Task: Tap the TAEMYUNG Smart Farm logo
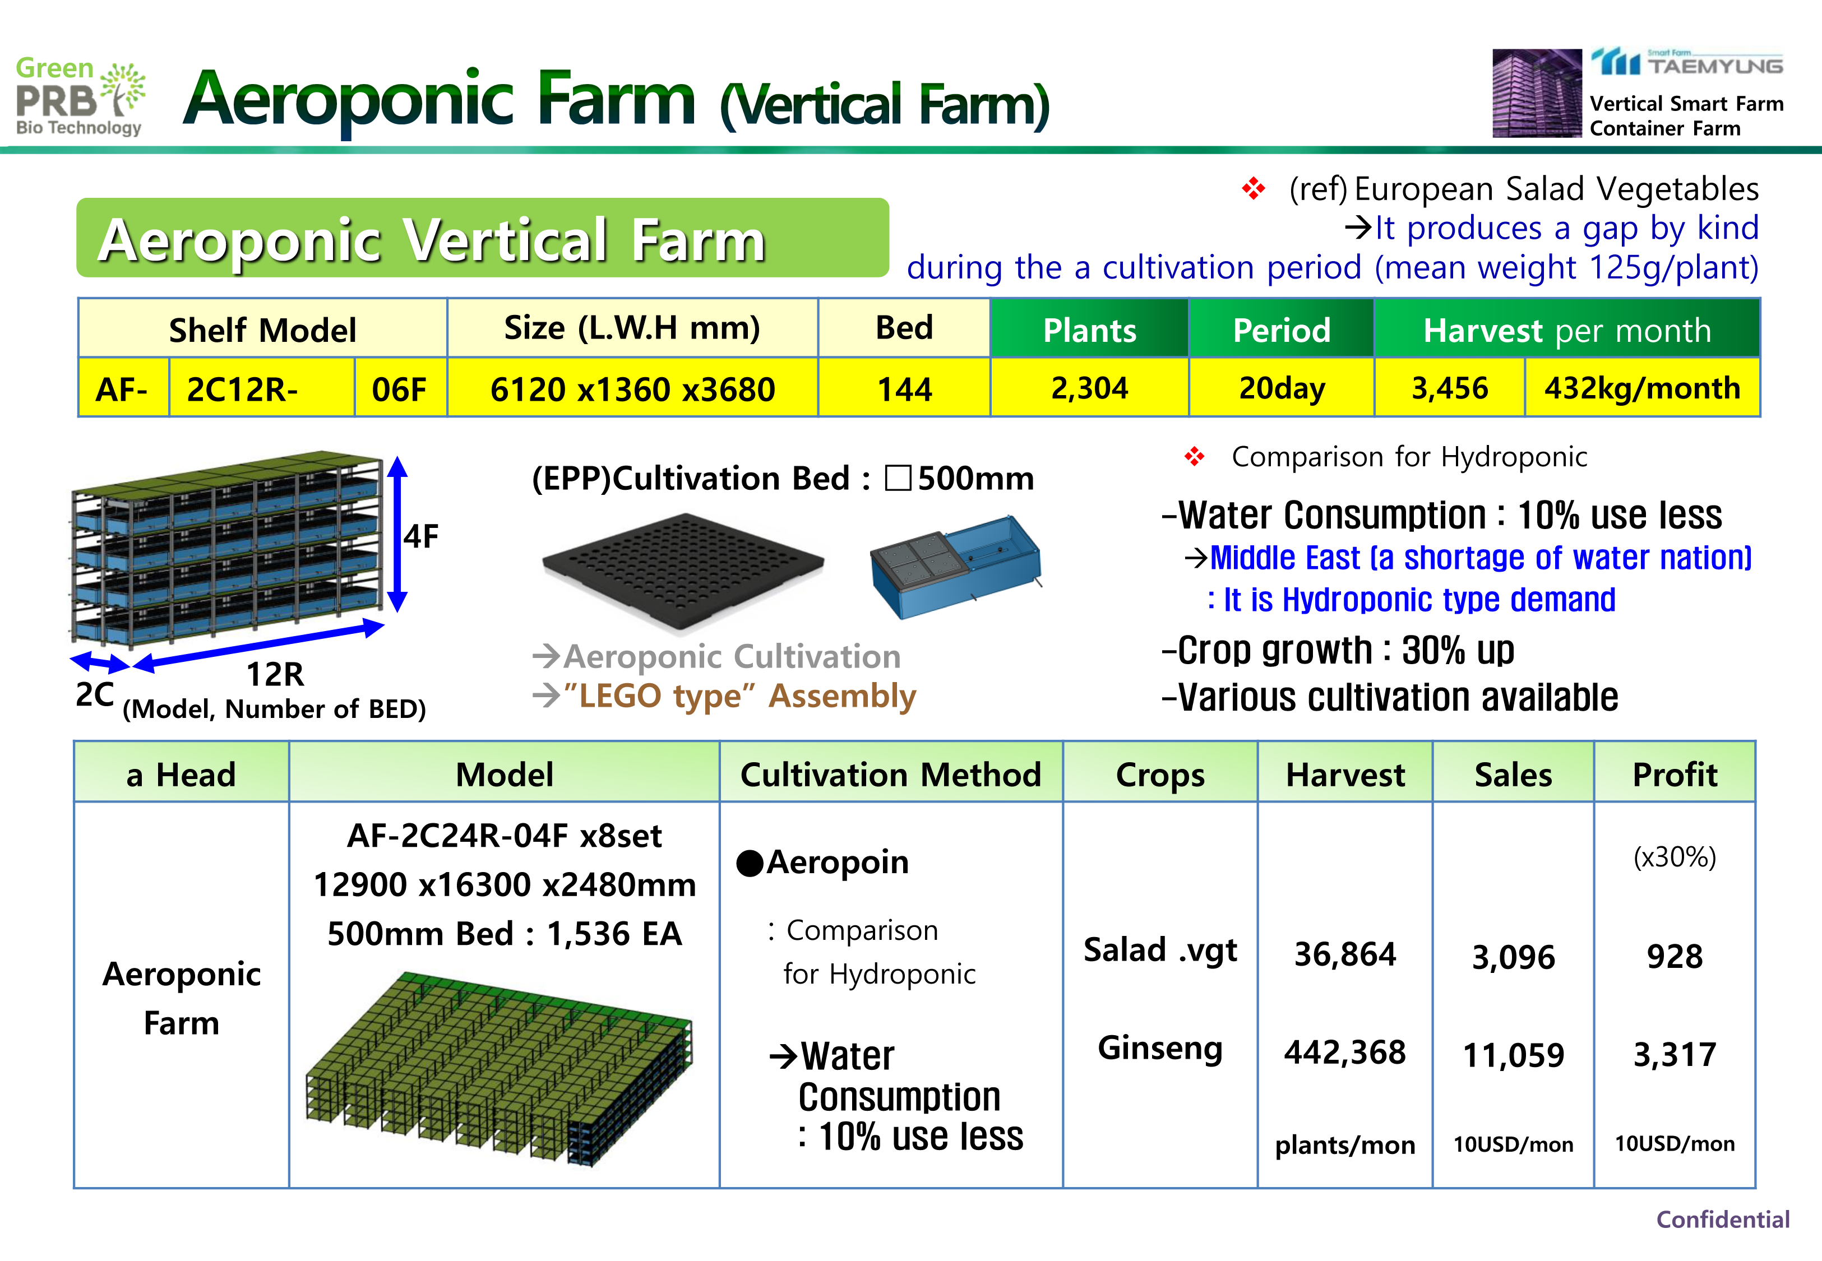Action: (1687, 62)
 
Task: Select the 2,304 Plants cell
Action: (1090, 388)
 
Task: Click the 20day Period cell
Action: (1282, 388)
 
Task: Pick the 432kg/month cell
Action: (1642, 388)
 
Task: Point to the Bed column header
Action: (904, 328)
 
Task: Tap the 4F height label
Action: (421, 536)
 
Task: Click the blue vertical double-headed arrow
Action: (397, 534)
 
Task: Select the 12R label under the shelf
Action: (275, 674)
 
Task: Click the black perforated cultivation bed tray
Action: (683, 571)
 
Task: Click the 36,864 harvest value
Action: (1345, 954)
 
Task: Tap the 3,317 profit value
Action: (1674, 1055)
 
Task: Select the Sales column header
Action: (1513, 775)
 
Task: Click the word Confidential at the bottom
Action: (1722, 1219)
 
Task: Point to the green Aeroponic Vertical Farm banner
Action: (483, 238)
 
